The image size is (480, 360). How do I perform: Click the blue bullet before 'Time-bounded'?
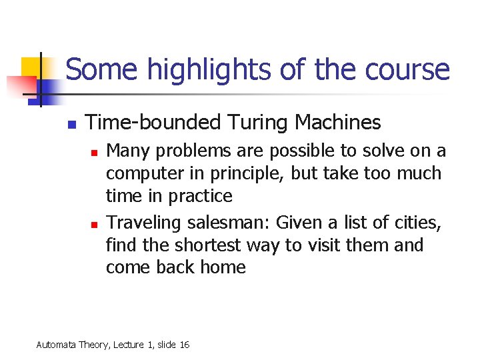click(71, 125)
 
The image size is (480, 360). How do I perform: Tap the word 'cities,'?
click(419, 222)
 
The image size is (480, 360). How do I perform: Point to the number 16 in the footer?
click(184, 345)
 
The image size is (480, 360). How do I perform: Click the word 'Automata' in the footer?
click(56, 345)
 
